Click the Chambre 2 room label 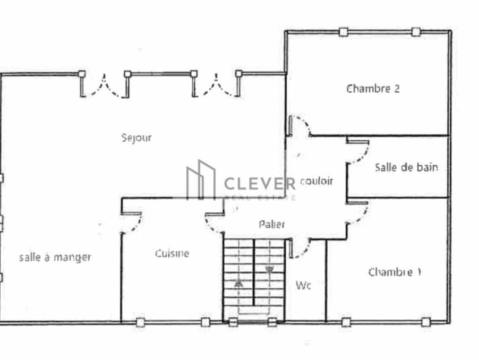373,89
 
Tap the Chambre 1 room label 395,272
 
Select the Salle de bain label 406,167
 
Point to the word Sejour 136,138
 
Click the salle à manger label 55,257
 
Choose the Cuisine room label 172,253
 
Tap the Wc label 303,286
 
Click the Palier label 271,225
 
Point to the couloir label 316,181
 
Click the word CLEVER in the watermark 260,184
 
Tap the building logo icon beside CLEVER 201,180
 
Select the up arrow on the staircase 238,284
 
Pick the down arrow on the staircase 269,270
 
